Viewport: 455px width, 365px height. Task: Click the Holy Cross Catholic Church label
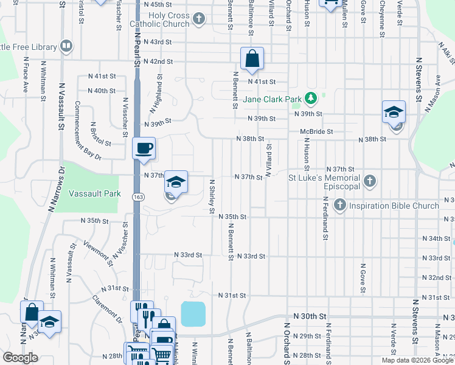(x=161, y=19)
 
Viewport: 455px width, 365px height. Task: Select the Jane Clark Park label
(x=273, y=99)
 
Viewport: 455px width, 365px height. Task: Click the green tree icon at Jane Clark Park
(x=310, y=97)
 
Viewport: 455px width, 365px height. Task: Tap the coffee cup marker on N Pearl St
(x=144, y=148)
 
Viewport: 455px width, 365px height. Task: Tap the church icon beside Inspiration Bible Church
(x=339, y=205)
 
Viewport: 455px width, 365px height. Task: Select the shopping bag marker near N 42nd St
(x=252, y=58)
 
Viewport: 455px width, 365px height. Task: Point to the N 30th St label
(x=310, y=317)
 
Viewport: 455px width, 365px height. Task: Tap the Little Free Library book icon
(x=66, y=46)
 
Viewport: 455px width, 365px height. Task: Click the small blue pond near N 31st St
(x=193, y=314)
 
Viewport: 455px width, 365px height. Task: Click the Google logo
(x=20, y=358)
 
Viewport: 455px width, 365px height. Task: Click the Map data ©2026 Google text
(x=417, y=360)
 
